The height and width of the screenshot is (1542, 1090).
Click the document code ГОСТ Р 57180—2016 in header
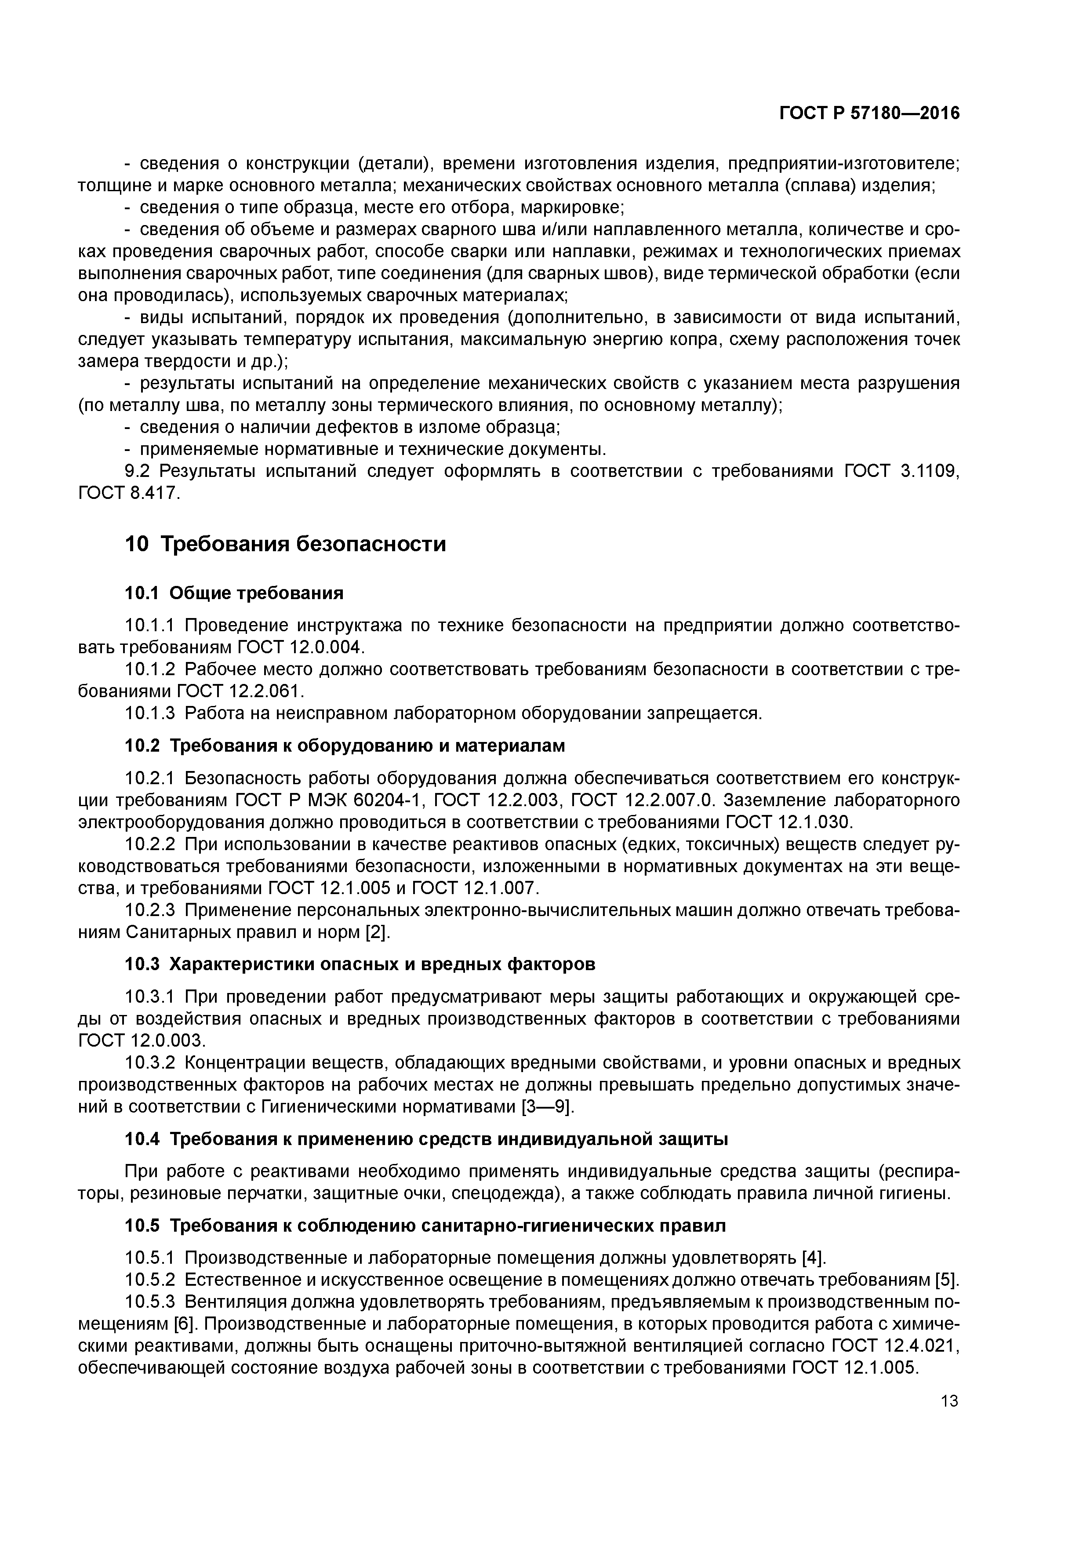click(x=869, y=113)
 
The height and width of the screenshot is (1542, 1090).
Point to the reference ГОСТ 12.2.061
click(x=241, y=691)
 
